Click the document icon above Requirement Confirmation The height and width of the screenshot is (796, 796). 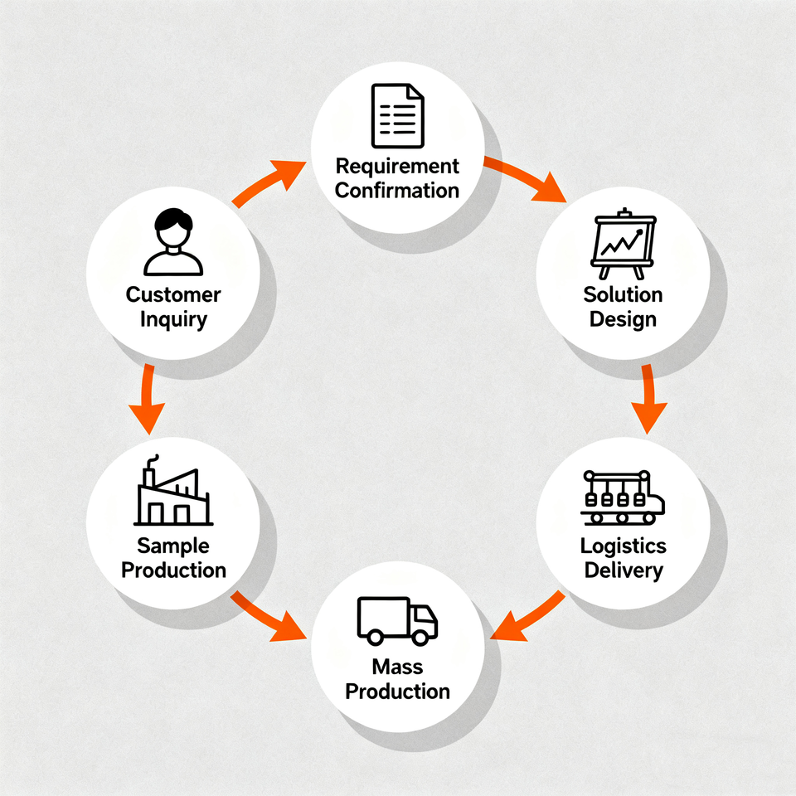[397, 116]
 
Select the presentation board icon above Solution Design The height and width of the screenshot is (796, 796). [622, 245]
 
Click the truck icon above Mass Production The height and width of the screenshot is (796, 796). [397, 620]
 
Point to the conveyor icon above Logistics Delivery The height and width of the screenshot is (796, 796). [623, 498]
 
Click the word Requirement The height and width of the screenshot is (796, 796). [397, 166]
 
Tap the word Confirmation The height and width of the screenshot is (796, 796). [397, 190]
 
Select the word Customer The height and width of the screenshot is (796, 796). [173, 294]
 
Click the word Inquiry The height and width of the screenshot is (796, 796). [173, 319]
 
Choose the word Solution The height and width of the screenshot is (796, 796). [623, 294]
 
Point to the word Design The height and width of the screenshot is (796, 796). [623, 319]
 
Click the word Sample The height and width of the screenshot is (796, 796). [173, 546]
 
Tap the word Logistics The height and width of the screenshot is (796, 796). [623, 546]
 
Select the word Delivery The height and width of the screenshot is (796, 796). [623, 570]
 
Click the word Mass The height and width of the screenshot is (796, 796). [397, 667]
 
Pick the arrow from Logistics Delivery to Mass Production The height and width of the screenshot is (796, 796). [527, 615]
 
